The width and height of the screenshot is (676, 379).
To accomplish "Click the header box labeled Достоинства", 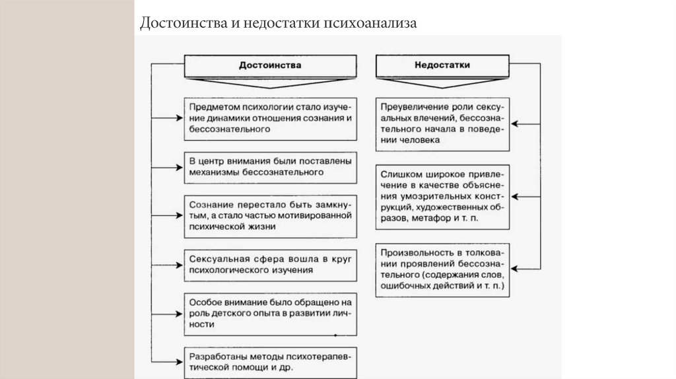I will [x=271, y=66].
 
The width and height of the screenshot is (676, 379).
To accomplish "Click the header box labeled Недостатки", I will [x=442, y=66].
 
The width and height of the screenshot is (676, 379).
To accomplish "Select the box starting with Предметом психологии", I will [x=271, y=118].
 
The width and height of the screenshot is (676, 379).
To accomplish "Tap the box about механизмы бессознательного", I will [x=271, y=166].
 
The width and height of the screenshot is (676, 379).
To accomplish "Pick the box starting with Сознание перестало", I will [x=271, y=215].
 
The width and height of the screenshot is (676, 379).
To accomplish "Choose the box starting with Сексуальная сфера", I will [x=271, y=264].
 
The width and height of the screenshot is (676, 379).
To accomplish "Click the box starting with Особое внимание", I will [x=271, y=314].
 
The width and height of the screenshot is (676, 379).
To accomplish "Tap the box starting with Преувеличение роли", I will [x=443, y=123].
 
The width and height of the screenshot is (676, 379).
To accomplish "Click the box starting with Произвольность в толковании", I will [x=443, y=268].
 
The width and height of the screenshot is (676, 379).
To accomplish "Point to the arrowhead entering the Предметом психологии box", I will [x=178, y=118].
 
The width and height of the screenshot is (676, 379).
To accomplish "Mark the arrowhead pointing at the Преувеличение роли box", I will [x=517, y=123].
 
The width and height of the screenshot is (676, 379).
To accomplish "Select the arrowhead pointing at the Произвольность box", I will [x=517, y=268].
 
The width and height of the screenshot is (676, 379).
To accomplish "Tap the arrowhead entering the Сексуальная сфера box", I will [x=178, y=264].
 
